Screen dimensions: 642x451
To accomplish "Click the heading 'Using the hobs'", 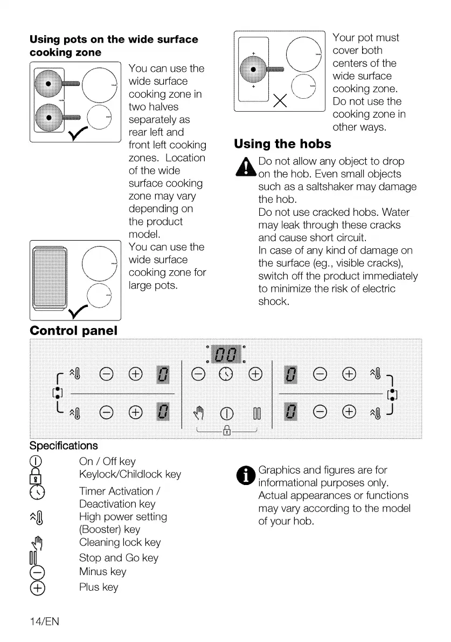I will point(282,145).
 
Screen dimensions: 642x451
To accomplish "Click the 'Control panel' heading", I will point(74,330).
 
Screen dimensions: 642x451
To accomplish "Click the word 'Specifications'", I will point(64,446).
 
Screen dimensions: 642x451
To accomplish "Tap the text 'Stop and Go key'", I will point(119,558).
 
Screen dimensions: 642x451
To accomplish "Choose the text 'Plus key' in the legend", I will point(99,587).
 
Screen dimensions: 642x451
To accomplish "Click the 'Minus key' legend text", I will point(102,572).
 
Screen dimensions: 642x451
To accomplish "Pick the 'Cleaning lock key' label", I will point(120,543).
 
